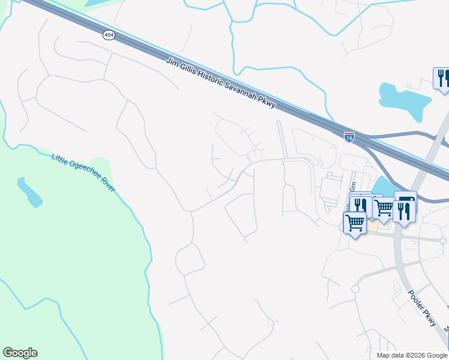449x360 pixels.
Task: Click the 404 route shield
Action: pyautogui.click(x=108, y=35)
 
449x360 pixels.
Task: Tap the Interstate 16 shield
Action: pyautogui.click(x=349, y=137)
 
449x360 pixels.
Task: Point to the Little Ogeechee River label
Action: pyautogui.click(x=83, y=173)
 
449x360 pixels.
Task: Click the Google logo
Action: pyautogui.click(x=20, y=353)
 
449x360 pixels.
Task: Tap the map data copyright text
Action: pyautogui.click(x=412, y=355)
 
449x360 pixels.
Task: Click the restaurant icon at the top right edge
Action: pyautogui.click(x=442, y=79)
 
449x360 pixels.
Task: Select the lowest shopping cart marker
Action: pyautogui.click(x=355, y=223)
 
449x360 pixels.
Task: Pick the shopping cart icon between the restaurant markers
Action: pyautogui.click(x=384, y=208)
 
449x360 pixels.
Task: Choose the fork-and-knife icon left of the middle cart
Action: pyautogui.click(x=361, y=206)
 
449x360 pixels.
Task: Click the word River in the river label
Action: pyautogui.click(x=107, y=187)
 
